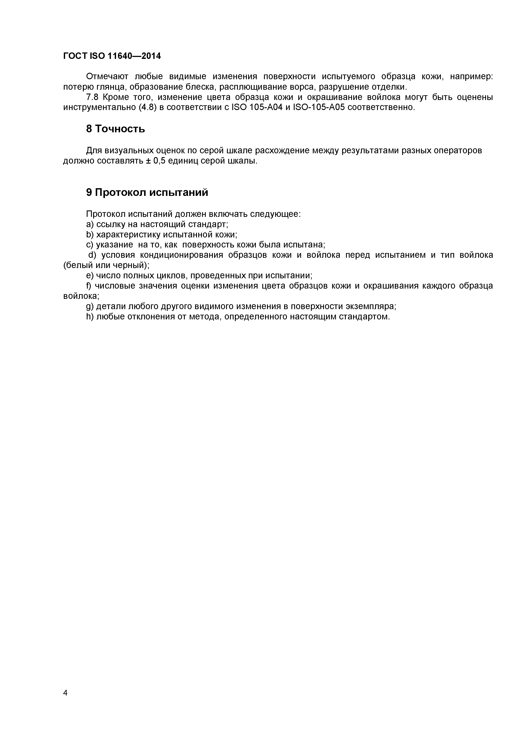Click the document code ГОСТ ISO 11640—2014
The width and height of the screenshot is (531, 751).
(112, 56)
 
